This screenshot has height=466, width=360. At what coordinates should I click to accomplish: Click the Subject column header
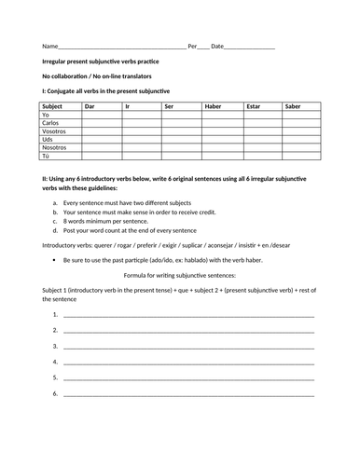tap(52, 106)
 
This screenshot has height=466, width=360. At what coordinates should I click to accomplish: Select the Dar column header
tap(90, 106)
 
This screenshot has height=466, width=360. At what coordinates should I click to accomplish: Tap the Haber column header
tap(214, 106)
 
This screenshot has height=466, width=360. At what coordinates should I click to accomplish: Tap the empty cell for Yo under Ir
tap(142, 115)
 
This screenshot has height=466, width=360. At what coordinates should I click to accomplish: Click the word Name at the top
tap(48, 46)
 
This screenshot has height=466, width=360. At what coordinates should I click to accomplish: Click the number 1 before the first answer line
tap(55, 315)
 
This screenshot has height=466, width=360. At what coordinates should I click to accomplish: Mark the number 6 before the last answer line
tap(55, 394)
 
